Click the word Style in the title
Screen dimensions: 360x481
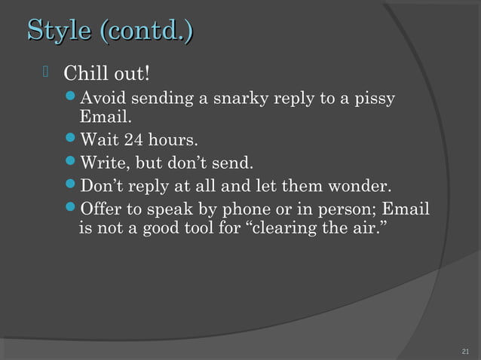[x=57, y=32]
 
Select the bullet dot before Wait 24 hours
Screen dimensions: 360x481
[x=71, y=141]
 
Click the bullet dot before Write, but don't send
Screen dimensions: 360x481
[x=71, y=163]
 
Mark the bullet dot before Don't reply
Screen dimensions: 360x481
[x=71, y=185]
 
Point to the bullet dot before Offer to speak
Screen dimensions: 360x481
[x=71, y=208]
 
